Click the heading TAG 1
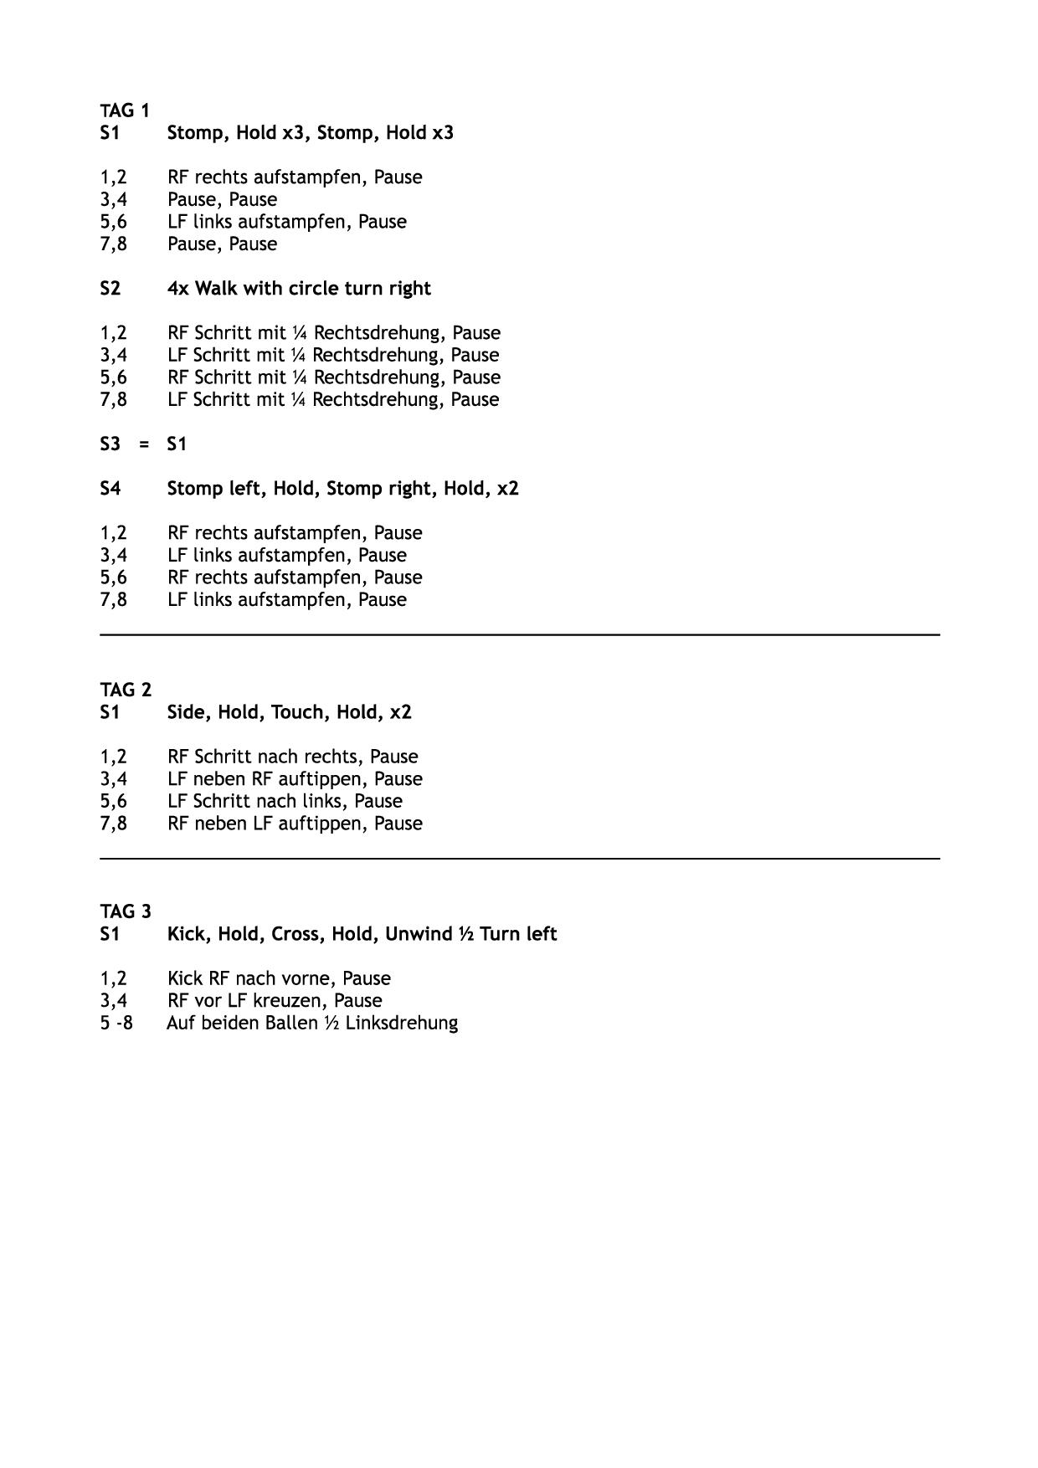point(125,110)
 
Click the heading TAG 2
point(126,690)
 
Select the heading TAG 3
point(126,911)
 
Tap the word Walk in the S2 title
point(216,289)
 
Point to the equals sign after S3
point(144,444)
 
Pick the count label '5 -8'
point(116,1023)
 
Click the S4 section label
point(110,489)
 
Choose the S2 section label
point(110,289)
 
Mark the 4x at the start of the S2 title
point(178,289)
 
